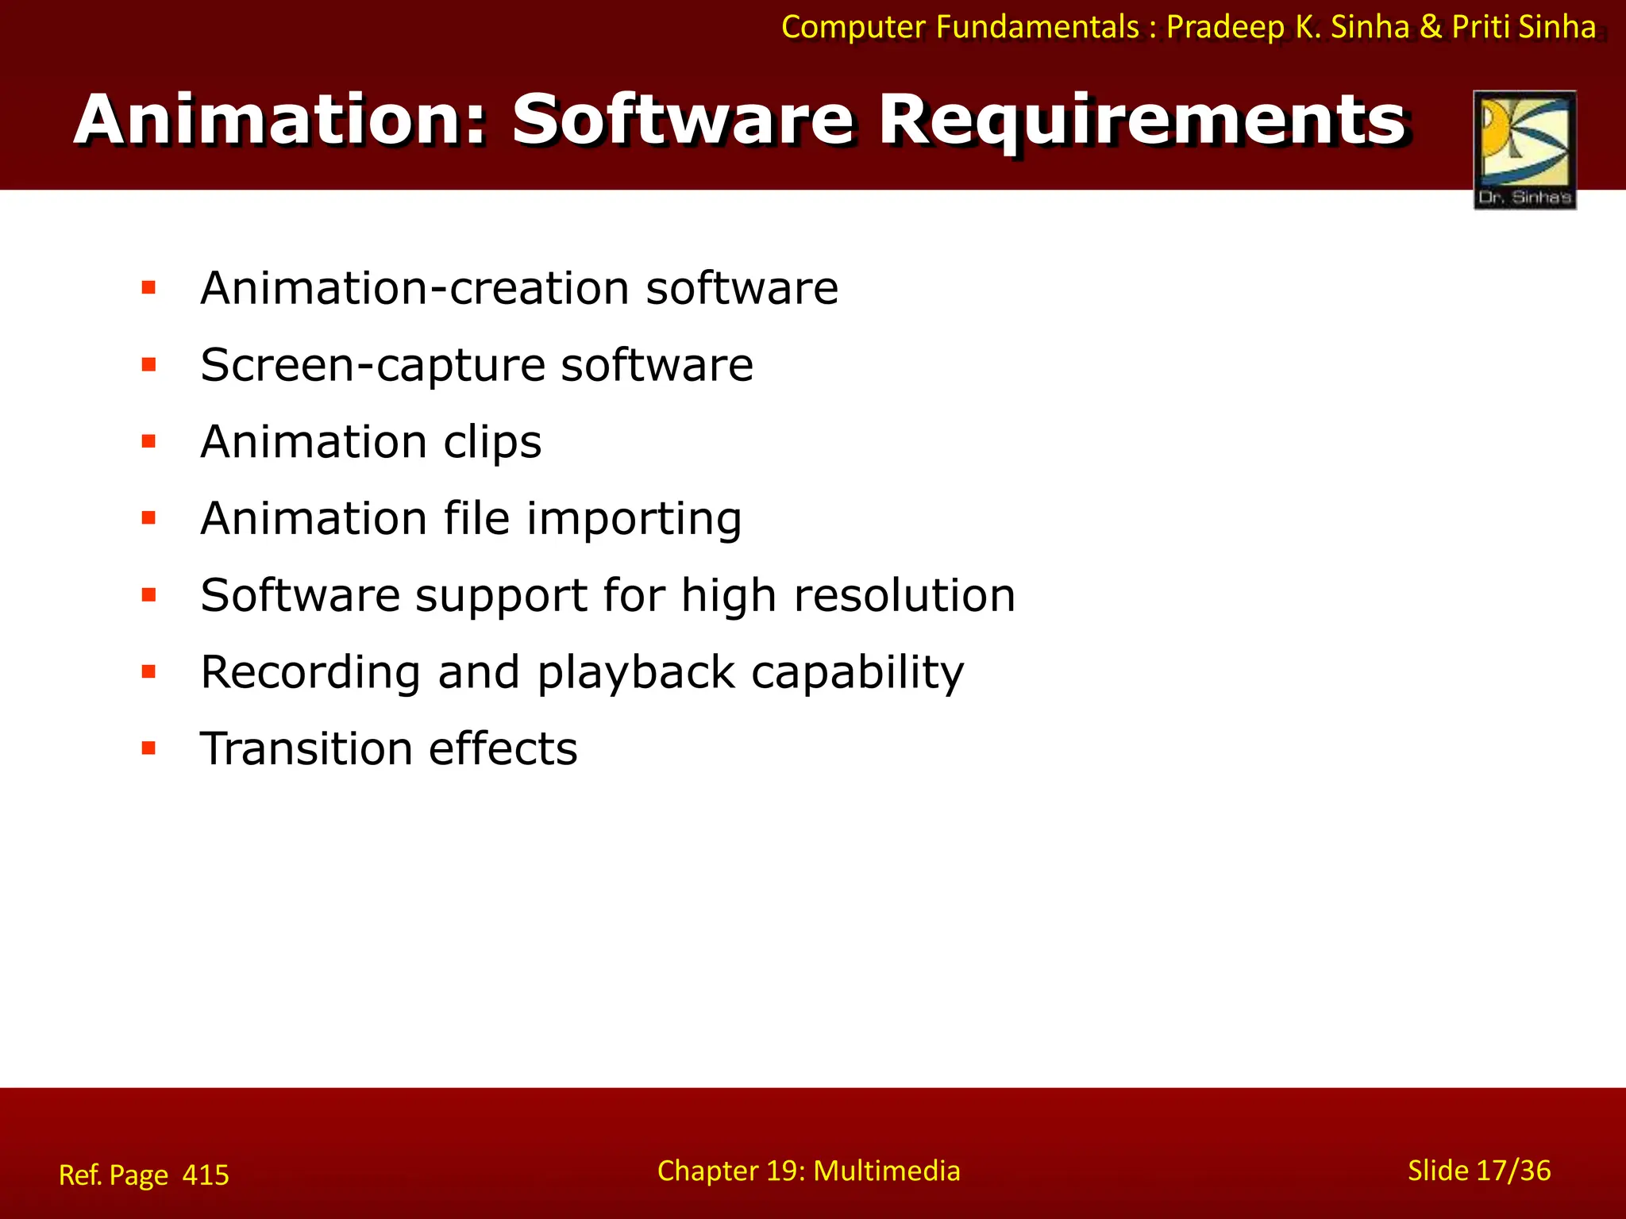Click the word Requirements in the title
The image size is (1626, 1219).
1142,121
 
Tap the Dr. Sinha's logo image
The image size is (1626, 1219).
1524,150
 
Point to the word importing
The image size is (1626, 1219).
634,520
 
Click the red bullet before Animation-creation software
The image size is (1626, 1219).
148,287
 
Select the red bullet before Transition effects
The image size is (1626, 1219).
148,748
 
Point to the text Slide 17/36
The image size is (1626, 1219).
1478,1171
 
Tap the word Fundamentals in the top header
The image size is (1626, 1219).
1037,27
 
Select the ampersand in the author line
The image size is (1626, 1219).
1430,27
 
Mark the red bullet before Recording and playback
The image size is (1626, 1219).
148,671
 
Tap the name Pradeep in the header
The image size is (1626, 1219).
1224,27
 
